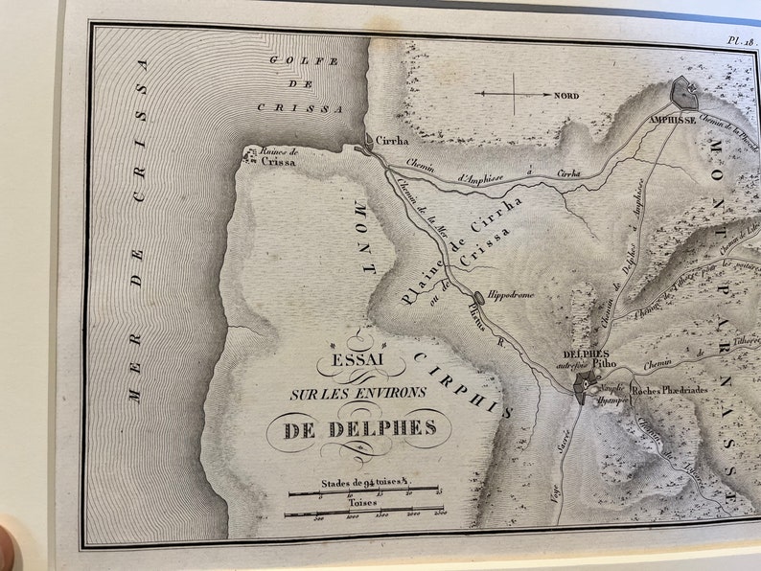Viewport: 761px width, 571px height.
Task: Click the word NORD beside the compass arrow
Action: pyautogui.click(x=566, y=96)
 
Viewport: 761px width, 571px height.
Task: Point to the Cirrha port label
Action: pyautogui.click(x=390, y=139)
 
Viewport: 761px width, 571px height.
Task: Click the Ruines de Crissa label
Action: pyautogui.click(x=279, y=156)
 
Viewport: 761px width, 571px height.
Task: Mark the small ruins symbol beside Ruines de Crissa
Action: pyautogui.click(x=250, y=150)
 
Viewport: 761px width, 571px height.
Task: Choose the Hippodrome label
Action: pyautogui.click(x=510, y=295)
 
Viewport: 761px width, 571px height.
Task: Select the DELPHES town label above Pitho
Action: pyautogui.click(x=584, y=354)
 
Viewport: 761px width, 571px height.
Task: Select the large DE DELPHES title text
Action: pyautogui.click(x=359, y=429)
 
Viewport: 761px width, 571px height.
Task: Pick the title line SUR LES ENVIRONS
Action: pyautogui.click(x=358, y=393)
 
